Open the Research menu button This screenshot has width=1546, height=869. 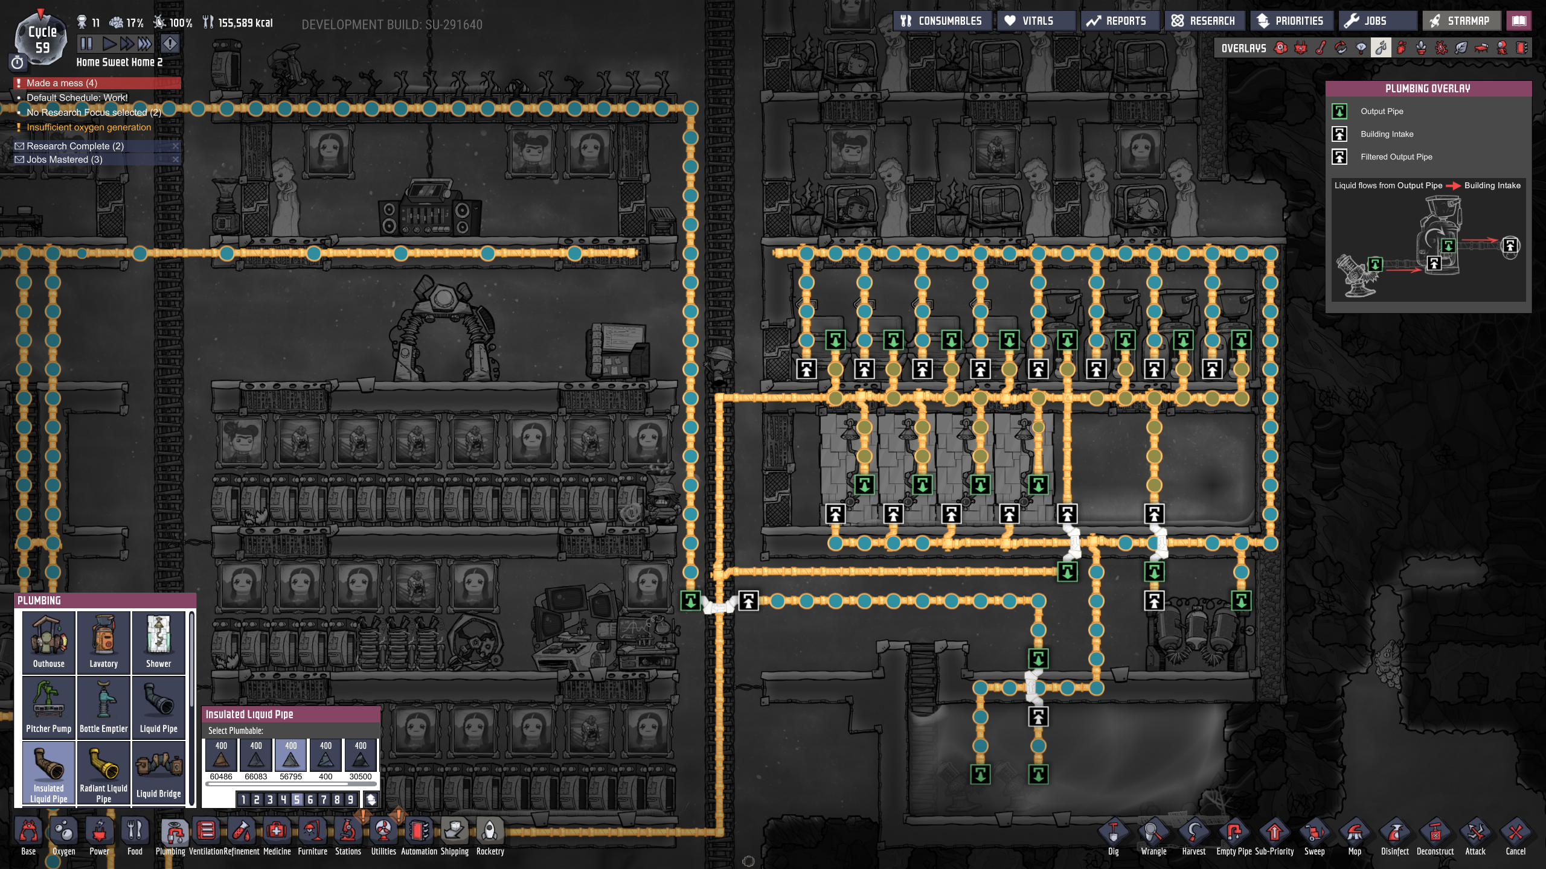pos(1204,21)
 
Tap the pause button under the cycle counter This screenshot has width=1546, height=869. pos(86,43)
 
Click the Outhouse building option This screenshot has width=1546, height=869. pos(48,641)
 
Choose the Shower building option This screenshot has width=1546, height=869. pos(158,641)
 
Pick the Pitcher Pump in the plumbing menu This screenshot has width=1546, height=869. pos(48,707)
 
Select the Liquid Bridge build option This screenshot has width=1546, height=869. pos(158,772)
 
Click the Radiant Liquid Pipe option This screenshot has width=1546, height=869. pos(103,772)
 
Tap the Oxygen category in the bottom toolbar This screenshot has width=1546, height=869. pos(63,836)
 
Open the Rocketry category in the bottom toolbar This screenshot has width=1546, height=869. pos(490,836)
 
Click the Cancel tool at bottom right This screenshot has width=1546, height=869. pos(1515,836)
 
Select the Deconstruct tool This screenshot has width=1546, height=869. pos(1435,836)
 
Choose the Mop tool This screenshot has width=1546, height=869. pos(1355,836)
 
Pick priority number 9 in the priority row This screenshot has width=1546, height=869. pos(350,800)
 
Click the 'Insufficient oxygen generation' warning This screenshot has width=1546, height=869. pos(89,127)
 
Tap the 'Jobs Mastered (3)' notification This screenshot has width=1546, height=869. pos(65,159)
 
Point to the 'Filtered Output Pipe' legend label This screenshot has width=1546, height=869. pos(1396,157)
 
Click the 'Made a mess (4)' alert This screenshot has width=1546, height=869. pos(62,83)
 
